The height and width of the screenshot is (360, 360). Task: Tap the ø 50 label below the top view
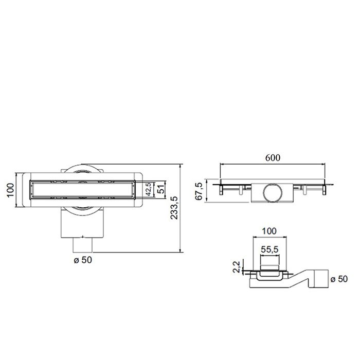[x=82, y=260]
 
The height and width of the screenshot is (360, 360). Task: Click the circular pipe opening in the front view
[x=271, y=194]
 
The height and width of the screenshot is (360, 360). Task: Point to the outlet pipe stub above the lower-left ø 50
[x=82, y=245]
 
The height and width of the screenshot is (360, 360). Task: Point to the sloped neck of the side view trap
[x=296, y=282]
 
